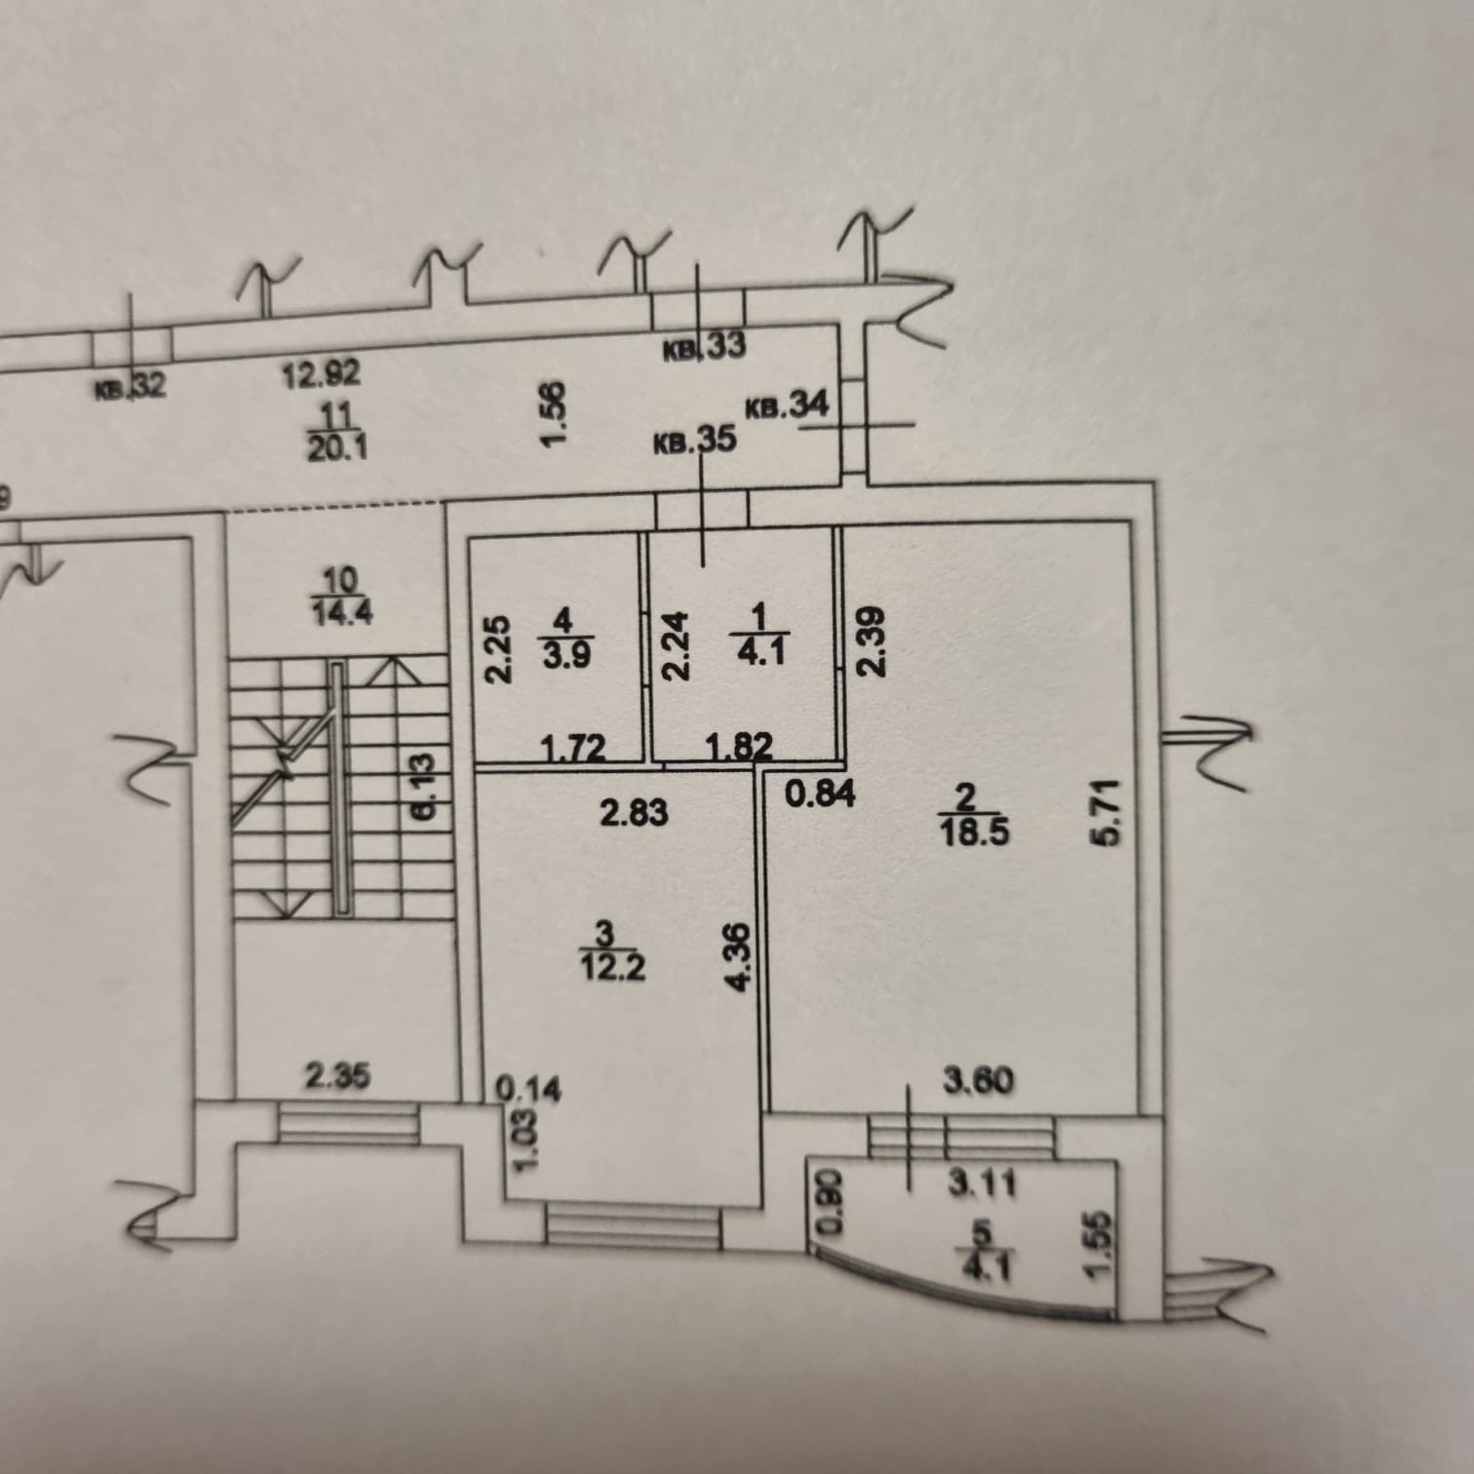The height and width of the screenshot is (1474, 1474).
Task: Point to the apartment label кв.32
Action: [x=131, y=389]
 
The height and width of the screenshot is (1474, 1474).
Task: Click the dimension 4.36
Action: [x=739, y=957]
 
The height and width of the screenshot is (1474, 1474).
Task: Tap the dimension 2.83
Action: [x=635, y=811]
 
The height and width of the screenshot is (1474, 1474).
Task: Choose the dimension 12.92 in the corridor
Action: [x=321, y=373]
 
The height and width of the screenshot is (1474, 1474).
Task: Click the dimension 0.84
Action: [x=820, y=794]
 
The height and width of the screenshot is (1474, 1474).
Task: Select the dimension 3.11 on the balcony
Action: [x=983, y=1183]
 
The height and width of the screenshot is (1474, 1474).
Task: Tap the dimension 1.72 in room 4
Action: [x=573, y=749]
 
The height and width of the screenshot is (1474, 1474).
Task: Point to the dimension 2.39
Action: [x=871, y=642]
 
